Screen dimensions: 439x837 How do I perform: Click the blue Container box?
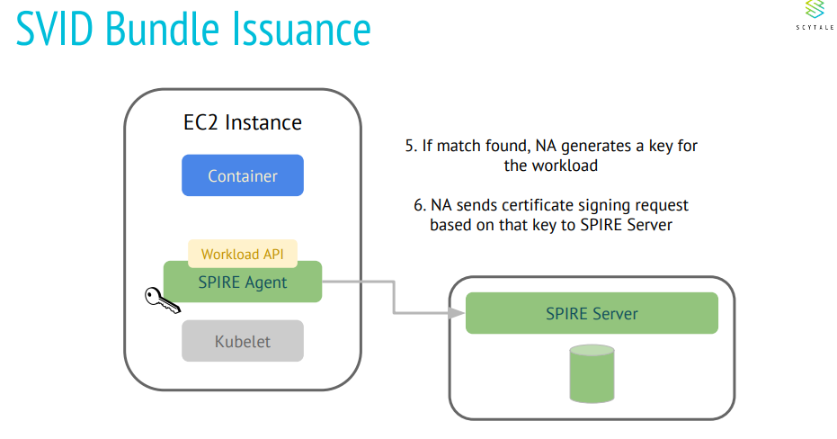click(x=243, y=175)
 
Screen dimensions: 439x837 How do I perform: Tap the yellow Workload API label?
click(x=243, y=254)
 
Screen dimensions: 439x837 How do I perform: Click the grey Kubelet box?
click(x=243, y=341)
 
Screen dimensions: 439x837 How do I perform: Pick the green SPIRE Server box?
click(x=592, y=314)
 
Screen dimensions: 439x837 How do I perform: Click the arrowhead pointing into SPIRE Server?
click(x=459, y=313)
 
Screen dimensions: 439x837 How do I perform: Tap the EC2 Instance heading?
click(x=236, y=122)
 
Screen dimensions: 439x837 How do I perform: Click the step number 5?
click(x=409, y=146)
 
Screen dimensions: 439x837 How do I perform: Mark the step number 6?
click(x=419, y=205)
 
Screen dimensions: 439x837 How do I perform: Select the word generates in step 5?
click(x=580, y=146)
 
